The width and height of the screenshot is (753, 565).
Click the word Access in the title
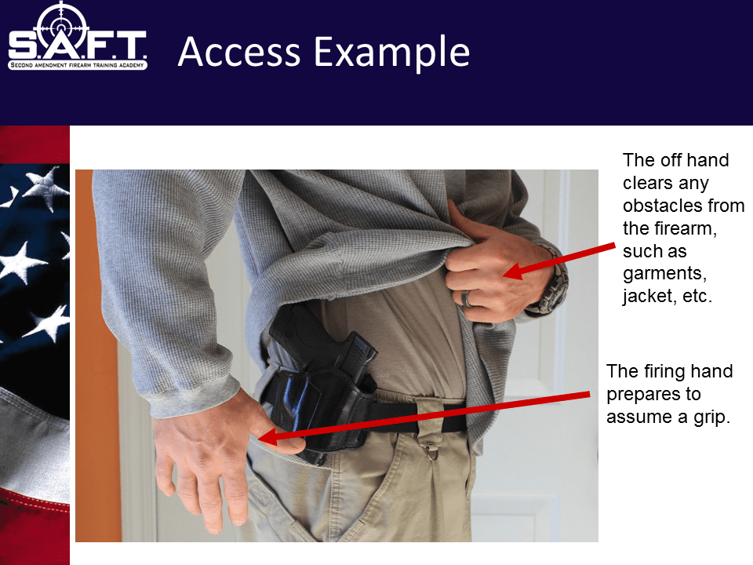[238, 52]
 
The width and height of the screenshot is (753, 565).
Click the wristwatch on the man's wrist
[552, 286]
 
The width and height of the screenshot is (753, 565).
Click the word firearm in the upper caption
[681, 229]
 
